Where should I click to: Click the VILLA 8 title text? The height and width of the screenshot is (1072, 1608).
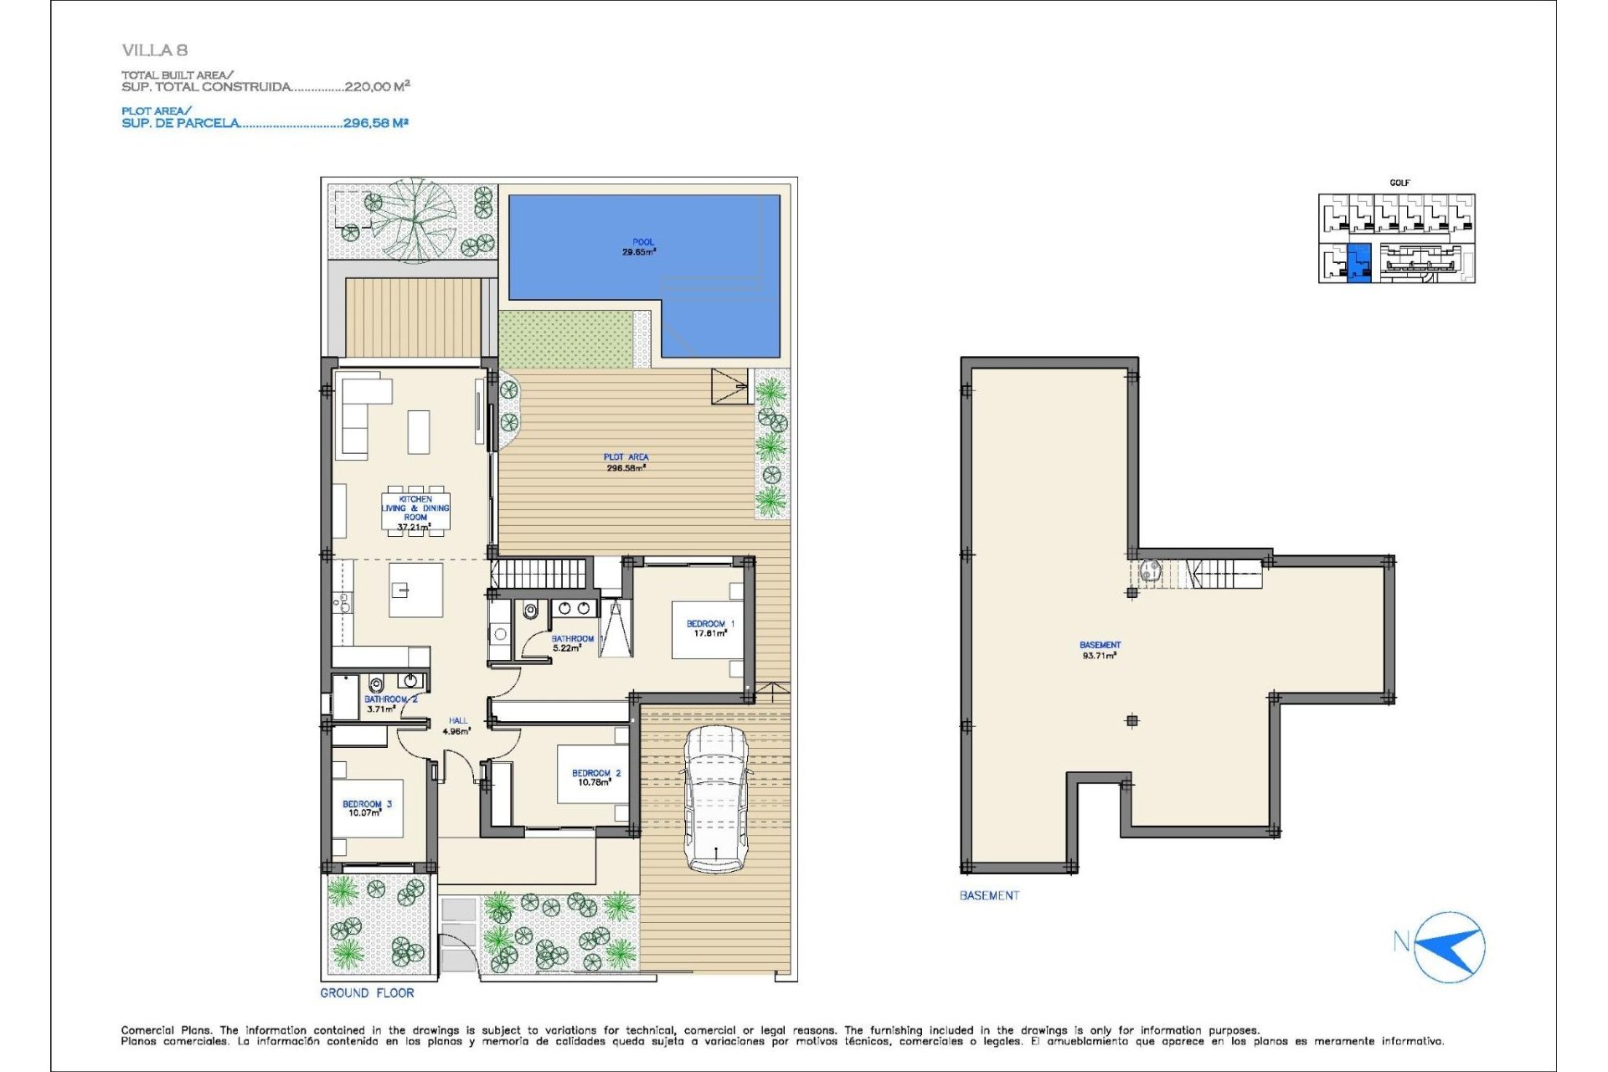(154, 50)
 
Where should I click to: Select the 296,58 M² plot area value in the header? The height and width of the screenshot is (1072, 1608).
(375, 123)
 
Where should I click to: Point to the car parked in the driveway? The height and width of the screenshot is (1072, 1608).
(714, 799)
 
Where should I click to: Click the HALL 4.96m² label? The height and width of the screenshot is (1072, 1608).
(457, 725)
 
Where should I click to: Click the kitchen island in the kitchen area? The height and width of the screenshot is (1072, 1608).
(415, 590)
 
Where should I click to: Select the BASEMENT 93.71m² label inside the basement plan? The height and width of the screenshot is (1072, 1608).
(1099, 650)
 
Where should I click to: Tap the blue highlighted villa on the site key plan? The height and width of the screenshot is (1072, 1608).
(1358, 262)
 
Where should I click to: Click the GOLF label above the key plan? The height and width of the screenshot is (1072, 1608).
(1399, 183)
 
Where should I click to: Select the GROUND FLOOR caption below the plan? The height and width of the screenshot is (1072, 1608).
(367, 992)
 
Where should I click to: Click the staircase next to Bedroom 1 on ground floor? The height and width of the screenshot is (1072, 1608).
(539, 574)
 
